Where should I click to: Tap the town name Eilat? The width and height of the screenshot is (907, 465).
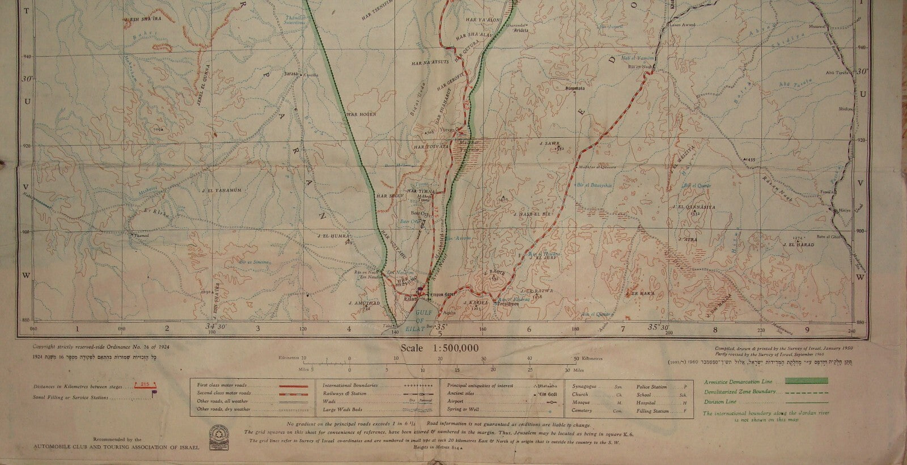click(x=409, y=296)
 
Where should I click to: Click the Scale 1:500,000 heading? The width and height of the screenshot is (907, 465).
click(x=439, y=348)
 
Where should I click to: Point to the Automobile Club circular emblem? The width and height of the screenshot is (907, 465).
click(x=218, y=430)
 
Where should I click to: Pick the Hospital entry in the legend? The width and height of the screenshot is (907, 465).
click(x=645, y=403)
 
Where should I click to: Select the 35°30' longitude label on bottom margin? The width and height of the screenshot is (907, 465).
click(x=657, y=327)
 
